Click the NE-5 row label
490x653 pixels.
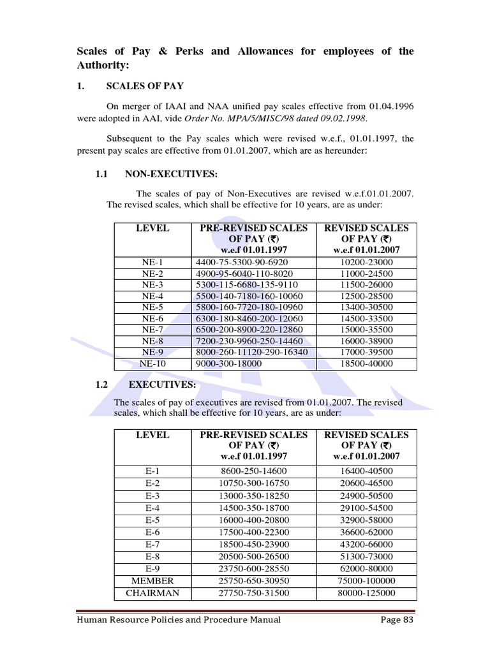click(152, 307)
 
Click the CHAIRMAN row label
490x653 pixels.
click(152, 593)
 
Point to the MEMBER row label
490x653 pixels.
click(152, 582)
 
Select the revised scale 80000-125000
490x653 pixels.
click(367, 593)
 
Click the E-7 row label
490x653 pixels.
click(152, 545)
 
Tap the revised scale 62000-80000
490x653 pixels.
click(367, 569)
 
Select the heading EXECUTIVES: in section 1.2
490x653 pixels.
click(163, 385)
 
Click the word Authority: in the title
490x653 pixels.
click(103, 65)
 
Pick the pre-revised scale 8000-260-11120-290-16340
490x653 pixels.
click(252, 352)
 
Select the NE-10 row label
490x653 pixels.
click(152, 364)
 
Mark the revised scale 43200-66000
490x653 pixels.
click(367, 545)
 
